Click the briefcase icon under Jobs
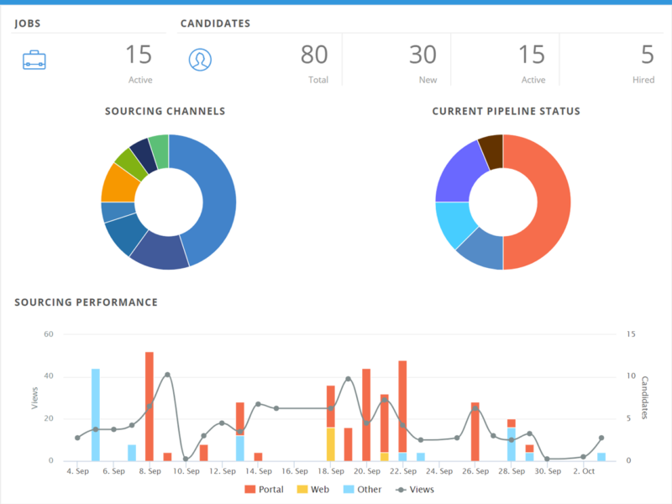point(34,60)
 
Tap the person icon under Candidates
point(200,60)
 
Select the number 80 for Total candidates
point(314,55)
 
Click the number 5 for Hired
point(647,55)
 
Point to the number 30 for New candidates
point(423,55)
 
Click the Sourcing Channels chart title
point(165,111)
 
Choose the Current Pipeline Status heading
point(506,111)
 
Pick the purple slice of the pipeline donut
point(460,172)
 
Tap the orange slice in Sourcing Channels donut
point(118,181)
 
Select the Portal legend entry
point(264,489)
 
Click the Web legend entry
point(312,489)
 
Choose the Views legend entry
point(414,489)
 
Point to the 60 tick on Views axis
point(48,334)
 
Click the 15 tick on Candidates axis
point(631,334)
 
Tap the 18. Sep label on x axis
point(331,472)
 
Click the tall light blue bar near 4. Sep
point(96,414)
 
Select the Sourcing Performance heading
point(86,302)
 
